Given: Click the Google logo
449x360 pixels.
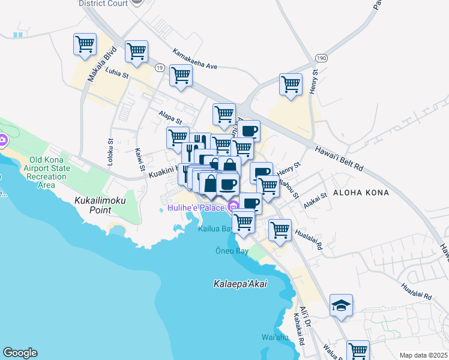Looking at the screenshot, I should coord(20,353).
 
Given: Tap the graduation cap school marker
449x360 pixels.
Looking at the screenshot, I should coord(341,305).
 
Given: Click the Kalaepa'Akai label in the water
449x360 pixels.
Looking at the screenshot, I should coord(240,284).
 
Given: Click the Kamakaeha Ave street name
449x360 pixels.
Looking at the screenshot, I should coord(194,59).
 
